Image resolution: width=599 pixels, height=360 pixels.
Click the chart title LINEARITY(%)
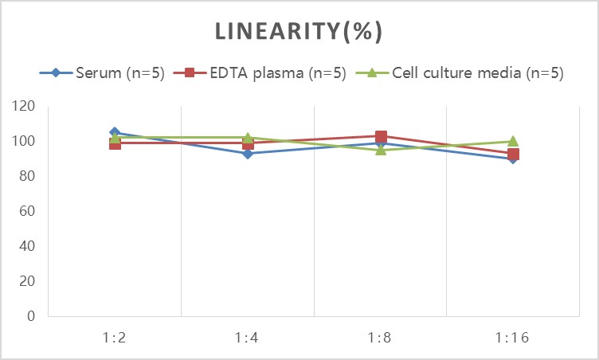point(299,31)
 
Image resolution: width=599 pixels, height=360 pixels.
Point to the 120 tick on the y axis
point(25,106)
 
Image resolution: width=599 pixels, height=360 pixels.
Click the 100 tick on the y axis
point(25,141)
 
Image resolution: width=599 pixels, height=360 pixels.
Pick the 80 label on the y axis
point(28,176)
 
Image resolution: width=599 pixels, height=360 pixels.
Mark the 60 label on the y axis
point(28,211)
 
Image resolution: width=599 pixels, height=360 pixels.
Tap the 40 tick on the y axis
point(28,246)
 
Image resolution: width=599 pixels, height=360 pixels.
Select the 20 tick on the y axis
point(28,281)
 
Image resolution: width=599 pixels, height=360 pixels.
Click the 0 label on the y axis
point(31,316)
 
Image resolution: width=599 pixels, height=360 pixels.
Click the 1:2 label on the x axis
point(115,337)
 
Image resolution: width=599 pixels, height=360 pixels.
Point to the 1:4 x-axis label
point(248,337)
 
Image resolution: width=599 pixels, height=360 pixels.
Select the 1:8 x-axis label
point(380,337)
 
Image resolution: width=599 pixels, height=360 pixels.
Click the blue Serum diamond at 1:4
point(248,153)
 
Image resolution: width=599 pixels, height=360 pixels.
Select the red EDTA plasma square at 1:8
point(381,137)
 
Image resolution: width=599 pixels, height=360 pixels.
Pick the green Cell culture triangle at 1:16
point(513,142)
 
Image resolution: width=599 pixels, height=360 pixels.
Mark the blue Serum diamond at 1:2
point(115,132)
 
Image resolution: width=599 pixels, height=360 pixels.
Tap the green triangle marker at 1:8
point(381,150)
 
